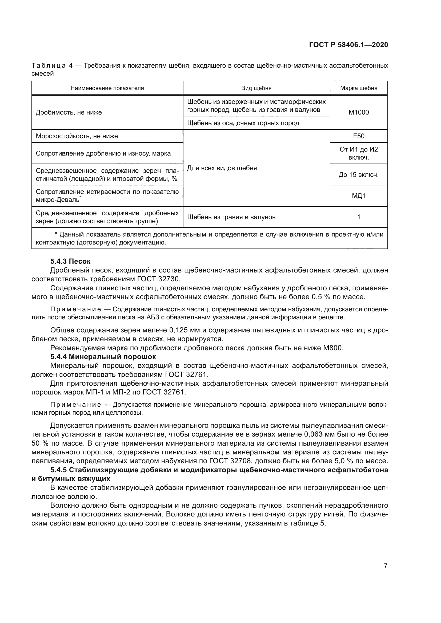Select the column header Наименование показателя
(x=107, y=88)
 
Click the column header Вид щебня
(x=256, y=88)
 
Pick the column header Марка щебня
(x=358, y=88)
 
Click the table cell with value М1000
(x=358, y=112)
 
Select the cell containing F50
(x=358, y=136)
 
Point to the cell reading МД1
(x=358, y=196)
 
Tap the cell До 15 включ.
(x=358, y=174)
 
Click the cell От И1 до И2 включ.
(x=358, y=153)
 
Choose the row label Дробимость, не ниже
(x=69, y=112)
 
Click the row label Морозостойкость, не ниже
(x=77, y=136)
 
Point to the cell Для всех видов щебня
(x=222, y=168)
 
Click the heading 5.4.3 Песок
(x=70, y=261)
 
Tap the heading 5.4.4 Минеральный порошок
(x=103, y=357)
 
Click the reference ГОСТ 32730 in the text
(x=159, y=279)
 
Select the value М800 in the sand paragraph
(x=333, y=348)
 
